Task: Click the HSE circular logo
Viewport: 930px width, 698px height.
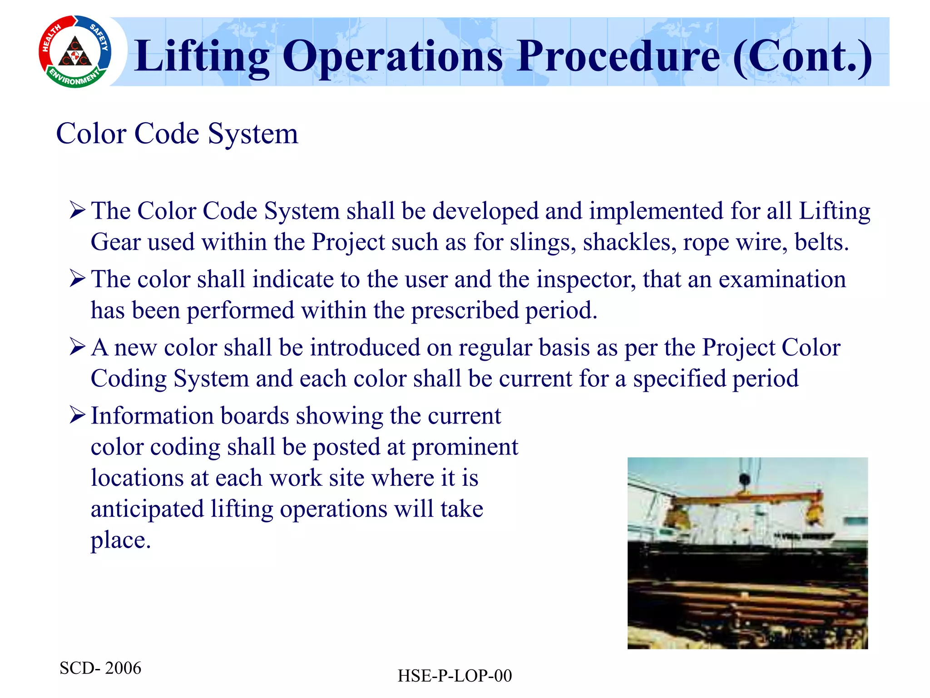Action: coord(75,52)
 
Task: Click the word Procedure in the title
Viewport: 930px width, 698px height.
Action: coord(618,56)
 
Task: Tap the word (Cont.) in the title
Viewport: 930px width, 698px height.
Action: coord(802,56)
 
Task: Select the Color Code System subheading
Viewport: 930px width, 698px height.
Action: coord(177,134)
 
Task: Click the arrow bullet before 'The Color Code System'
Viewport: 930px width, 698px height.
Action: coord(78,211)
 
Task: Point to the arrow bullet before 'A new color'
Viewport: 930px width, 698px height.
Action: coord(78,348)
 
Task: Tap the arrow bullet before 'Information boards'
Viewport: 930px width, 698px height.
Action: coord(78,415)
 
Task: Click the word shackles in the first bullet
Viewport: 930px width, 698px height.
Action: coord(629,242)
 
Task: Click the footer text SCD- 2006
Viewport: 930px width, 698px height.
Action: coord(100,668)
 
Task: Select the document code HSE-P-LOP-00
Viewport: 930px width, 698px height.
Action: coord(455,676)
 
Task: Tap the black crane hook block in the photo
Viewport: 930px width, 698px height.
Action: coord(744,479)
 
